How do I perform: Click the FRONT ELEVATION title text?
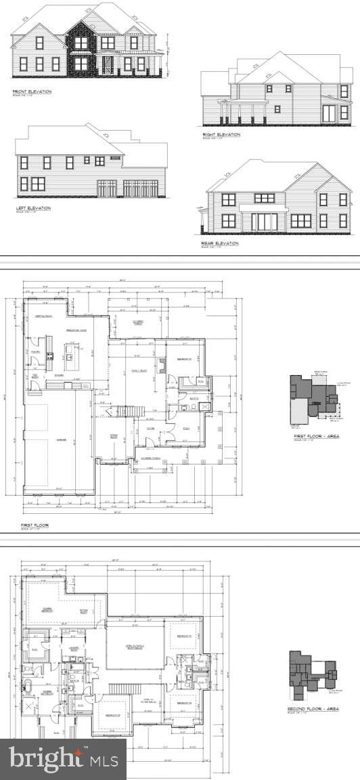pos(32,91)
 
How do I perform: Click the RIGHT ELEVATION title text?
pos(221,134)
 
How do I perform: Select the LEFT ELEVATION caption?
pos(33,207)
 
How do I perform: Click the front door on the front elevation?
pos(107,66)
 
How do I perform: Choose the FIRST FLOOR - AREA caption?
pos(316,436)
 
